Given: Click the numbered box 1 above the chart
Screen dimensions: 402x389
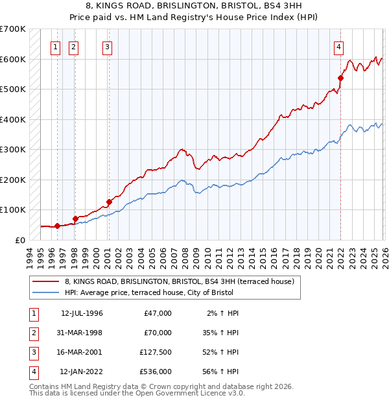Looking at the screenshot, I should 56,46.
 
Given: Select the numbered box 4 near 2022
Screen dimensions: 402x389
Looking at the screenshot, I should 339,46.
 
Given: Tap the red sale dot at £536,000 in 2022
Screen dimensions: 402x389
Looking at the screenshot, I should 340,78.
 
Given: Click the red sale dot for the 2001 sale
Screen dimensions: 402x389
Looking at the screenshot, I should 109,202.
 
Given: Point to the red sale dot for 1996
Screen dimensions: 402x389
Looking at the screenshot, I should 57,226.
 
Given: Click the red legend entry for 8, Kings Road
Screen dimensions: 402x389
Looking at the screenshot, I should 180,281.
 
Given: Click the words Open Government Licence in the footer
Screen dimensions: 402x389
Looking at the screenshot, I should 185,393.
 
